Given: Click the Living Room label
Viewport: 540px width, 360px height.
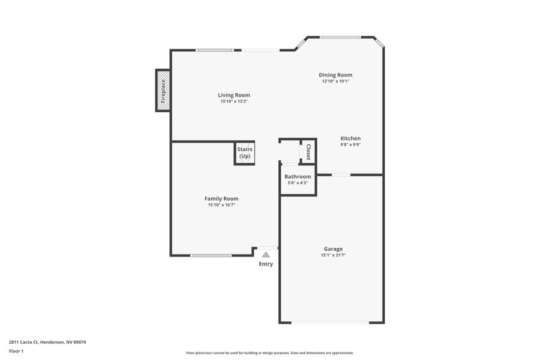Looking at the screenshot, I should coord(234,95).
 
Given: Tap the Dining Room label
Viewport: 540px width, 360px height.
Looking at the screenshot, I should coord(335,75).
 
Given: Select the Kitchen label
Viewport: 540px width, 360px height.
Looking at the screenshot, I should coord(350,138).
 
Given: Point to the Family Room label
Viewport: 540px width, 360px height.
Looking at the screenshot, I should coord(221,199).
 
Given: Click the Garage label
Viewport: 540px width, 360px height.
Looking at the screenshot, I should coord(333,249).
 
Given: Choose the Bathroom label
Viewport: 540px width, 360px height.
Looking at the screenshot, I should coord(298,176).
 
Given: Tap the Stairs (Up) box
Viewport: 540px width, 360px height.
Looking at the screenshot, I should coord(244,153).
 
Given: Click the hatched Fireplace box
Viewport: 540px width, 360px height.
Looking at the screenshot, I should coord(162,90).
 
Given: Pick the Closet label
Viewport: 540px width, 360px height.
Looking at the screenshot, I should coord(308,151).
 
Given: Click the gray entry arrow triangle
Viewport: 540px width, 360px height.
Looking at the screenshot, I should coord(266,255).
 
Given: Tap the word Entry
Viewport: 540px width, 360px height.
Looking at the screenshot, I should coord(266,264).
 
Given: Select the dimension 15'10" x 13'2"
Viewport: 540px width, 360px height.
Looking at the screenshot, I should coord(234,101).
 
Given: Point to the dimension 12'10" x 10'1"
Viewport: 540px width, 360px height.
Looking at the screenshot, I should coord(335,81).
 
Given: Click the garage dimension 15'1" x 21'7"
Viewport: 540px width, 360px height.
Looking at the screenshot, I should coord(333,255).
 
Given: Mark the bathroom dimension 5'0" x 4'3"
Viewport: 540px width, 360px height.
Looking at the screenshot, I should coord(298,182).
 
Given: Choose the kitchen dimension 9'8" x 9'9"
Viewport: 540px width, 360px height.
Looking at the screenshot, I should coord(350,145).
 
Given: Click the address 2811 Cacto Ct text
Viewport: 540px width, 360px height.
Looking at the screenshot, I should coord(47,342).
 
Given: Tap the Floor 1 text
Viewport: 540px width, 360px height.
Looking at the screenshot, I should coord(17,352).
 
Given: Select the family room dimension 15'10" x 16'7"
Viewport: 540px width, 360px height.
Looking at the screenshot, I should coord(221,205).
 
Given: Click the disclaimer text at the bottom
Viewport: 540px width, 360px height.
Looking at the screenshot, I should coord(269,353).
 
